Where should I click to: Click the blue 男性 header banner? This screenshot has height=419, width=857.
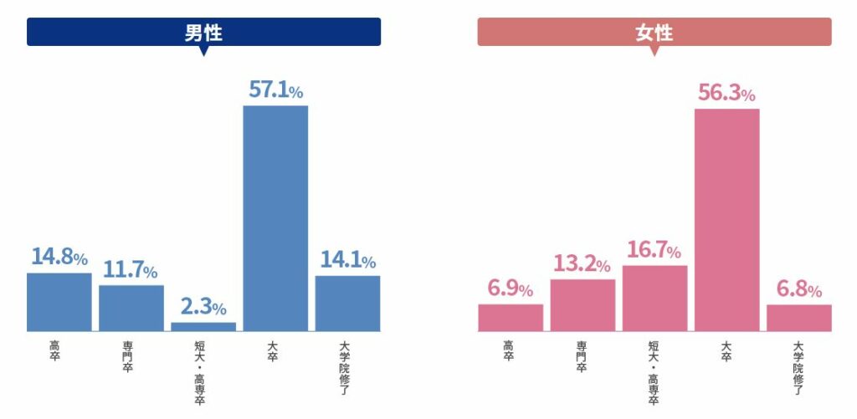[203, 33]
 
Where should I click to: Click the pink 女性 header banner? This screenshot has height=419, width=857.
[654, 33]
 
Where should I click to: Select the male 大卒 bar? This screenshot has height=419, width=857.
[275, 217]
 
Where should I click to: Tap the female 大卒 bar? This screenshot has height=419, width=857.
[726, 219]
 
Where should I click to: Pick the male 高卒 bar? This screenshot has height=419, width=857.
[59, 301]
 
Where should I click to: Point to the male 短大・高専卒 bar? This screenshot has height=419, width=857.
[203, 326]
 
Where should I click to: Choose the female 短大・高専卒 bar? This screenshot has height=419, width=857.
[654, 298]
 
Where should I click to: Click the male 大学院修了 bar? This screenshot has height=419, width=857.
[347, 303]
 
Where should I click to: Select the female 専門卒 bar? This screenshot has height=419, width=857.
[582, 304]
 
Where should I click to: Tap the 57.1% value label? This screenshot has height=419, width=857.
[275, 90]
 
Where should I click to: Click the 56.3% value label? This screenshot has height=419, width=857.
[726, 94]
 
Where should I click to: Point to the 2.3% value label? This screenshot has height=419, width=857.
[203, 307]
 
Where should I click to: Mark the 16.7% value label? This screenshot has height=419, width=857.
[654, 250]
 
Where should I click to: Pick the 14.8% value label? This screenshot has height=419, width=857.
[59, 257]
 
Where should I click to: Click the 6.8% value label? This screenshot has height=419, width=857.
[798, 289]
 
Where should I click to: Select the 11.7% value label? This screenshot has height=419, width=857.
[131, 270]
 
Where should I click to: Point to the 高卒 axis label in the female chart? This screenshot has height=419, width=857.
[509, 350]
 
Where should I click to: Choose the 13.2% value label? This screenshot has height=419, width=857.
[582, 264]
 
